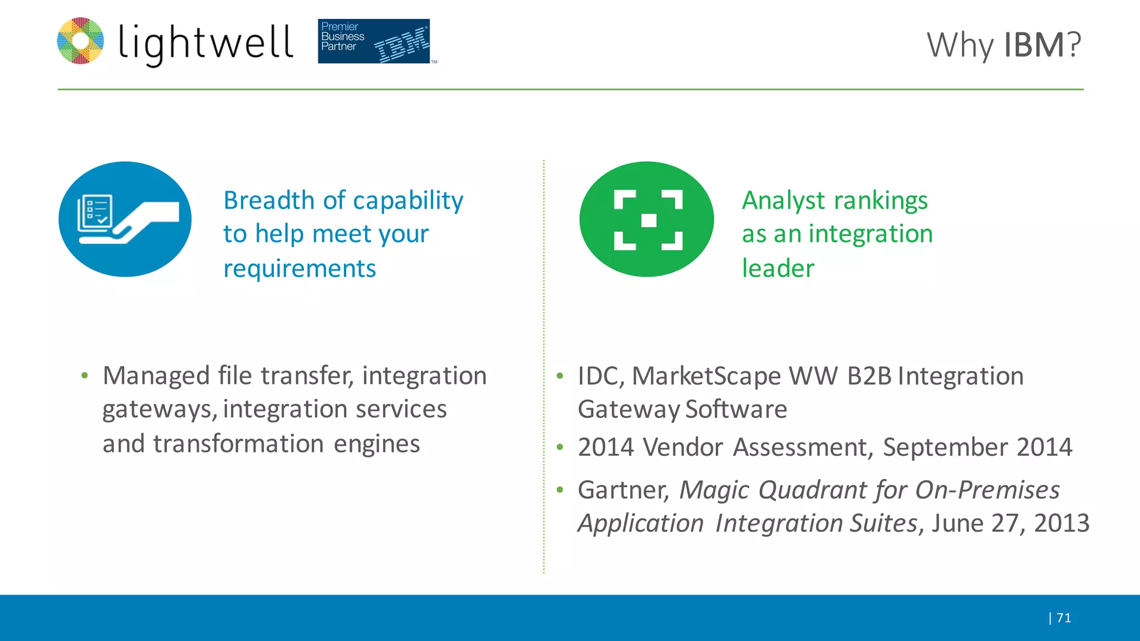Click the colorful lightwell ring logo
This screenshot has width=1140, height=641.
click(x=81, y=41)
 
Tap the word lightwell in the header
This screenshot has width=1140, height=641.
click(x=205, y=43)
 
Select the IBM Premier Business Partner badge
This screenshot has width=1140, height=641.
click(x=374, y=41)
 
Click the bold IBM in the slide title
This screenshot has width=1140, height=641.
click(x=1034, y=45)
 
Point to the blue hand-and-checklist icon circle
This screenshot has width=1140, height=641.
click(x=125, y=219)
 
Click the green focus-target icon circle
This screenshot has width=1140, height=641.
click(x=647, y=219)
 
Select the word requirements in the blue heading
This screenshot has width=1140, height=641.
click(x=299, y=269)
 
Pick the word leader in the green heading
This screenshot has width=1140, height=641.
click(x=778, y=269)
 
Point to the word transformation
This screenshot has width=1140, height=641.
click(x=238, y=444)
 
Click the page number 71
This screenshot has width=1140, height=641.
click(x=1063, y=618)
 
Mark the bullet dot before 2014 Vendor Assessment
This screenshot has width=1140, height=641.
click(x=560, y=447)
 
